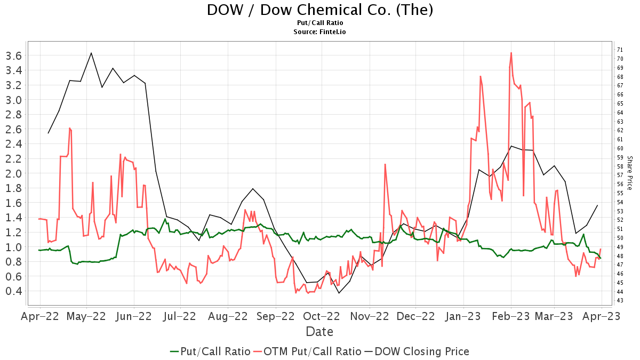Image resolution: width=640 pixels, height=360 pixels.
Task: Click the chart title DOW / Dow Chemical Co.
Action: point(319,10)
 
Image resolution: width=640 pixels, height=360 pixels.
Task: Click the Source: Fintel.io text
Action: point(319,32)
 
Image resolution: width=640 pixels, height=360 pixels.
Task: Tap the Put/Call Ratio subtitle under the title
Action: point(319,23)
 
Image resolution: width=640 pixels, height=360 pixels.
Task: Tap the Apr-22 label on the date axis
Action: point(39,316)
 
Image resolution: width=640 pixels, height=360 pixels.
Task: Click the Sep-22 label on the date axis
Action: point(275,316)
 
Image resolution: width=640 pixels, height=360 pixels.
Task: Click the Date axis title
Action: point(319,332)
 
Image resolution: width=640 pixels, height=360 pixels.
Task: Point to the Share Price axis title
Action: point(629,173)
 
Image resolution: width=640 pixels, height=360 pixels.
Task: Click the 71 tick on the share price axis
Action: point(620,50)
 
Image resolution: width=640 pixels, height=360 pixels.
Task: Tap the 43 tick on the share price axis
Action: point(620,300)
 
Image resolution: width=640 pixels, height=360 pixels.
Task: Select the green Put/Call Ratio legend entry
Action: point(210,351)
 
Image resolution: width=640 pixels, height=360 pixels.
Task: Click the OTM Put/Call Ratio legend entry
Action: point(307,351)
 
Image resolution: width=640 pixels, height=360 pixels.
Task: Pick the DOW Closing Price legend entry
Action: point(417,351)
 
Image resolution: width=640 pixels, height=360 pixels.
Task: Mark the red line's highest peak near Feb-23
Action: point(511,53)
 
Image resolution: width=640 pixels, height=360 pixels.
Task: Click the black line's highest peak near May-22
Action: point(91,53)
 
